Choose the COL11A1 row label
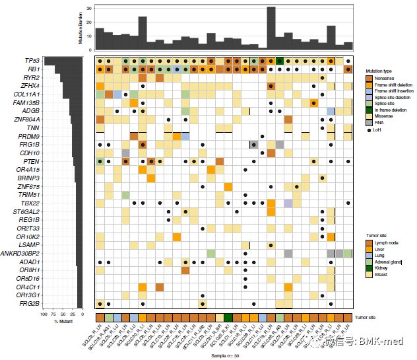click(26, 94)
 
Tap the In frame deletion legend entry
click(392, 110)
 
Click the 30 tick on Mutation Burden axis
click(90, 8)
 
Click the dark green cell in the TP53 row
click(280, 61)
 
